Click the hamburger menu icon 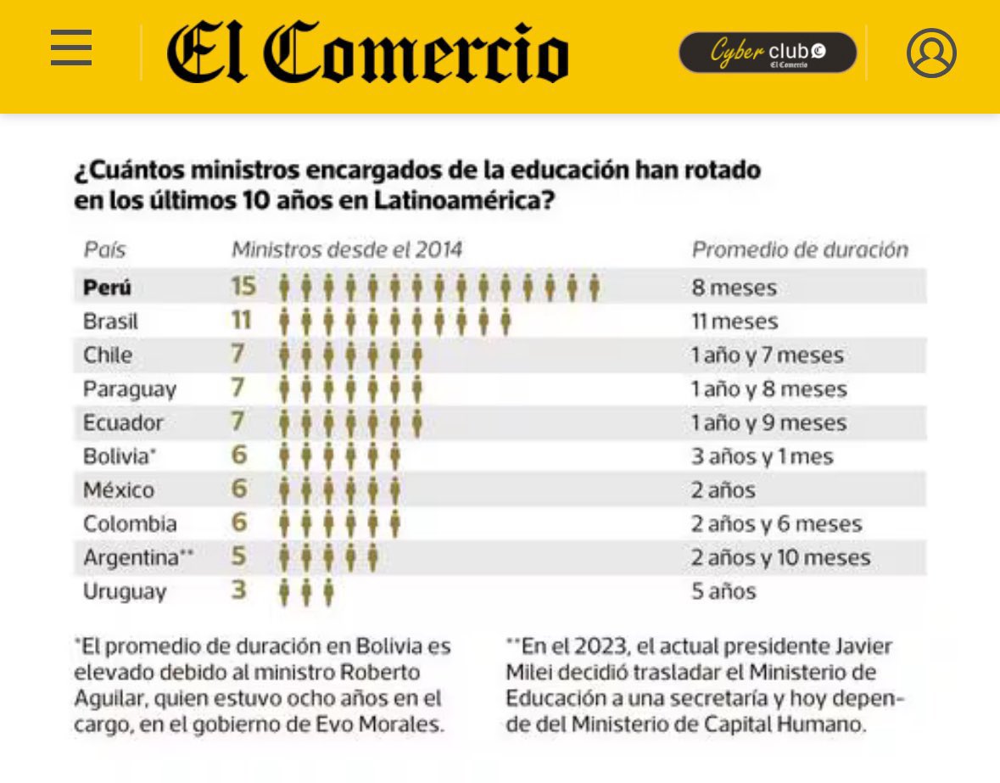click(71, 48)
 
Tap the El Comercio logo click(367, 53)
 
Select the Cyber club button click(767, 53)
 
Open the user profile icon click(930, 53)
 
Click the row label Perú click(107, 288)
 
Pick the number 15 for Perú click(243, 287)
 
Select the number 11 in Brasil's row click(242, 321)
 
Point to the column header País click(104, 250)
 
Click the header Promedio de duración click(799, 250)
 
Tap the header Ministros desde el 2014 click(347, 250)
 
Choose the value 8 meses click(734, 288)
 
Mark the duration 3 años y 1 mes click(762, 456)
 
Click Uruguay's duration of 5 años click(723, 591)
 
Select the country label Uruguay click(125, 591)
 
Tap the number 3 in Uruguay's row click(239, 590)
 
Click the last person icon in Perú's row click(595, 288)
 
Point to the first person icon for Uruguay click(284, 591)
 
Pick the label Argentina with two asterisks click(138, 557)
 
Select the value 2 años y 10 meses click(780, 557)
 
